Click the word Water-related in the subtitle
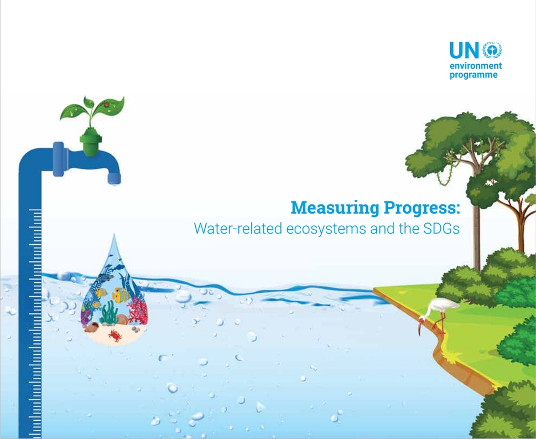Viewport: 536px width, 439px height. coord(238,228)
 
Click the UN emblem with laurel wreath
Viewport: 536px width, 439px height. coord(492,50)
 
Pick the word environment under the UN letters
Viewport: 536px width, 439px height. coord(476,65)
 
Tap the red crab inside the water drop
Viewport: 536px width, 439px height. coord(115,335)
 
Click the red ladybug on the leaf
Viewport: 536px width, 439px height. coord(106,104)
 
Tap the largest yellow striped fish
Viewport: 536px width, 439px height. coord(121,293)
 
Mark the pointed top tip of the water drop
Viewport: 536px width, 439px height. coord(114,234)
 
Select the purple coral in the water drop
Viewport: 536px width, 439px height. coord(85,316)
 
